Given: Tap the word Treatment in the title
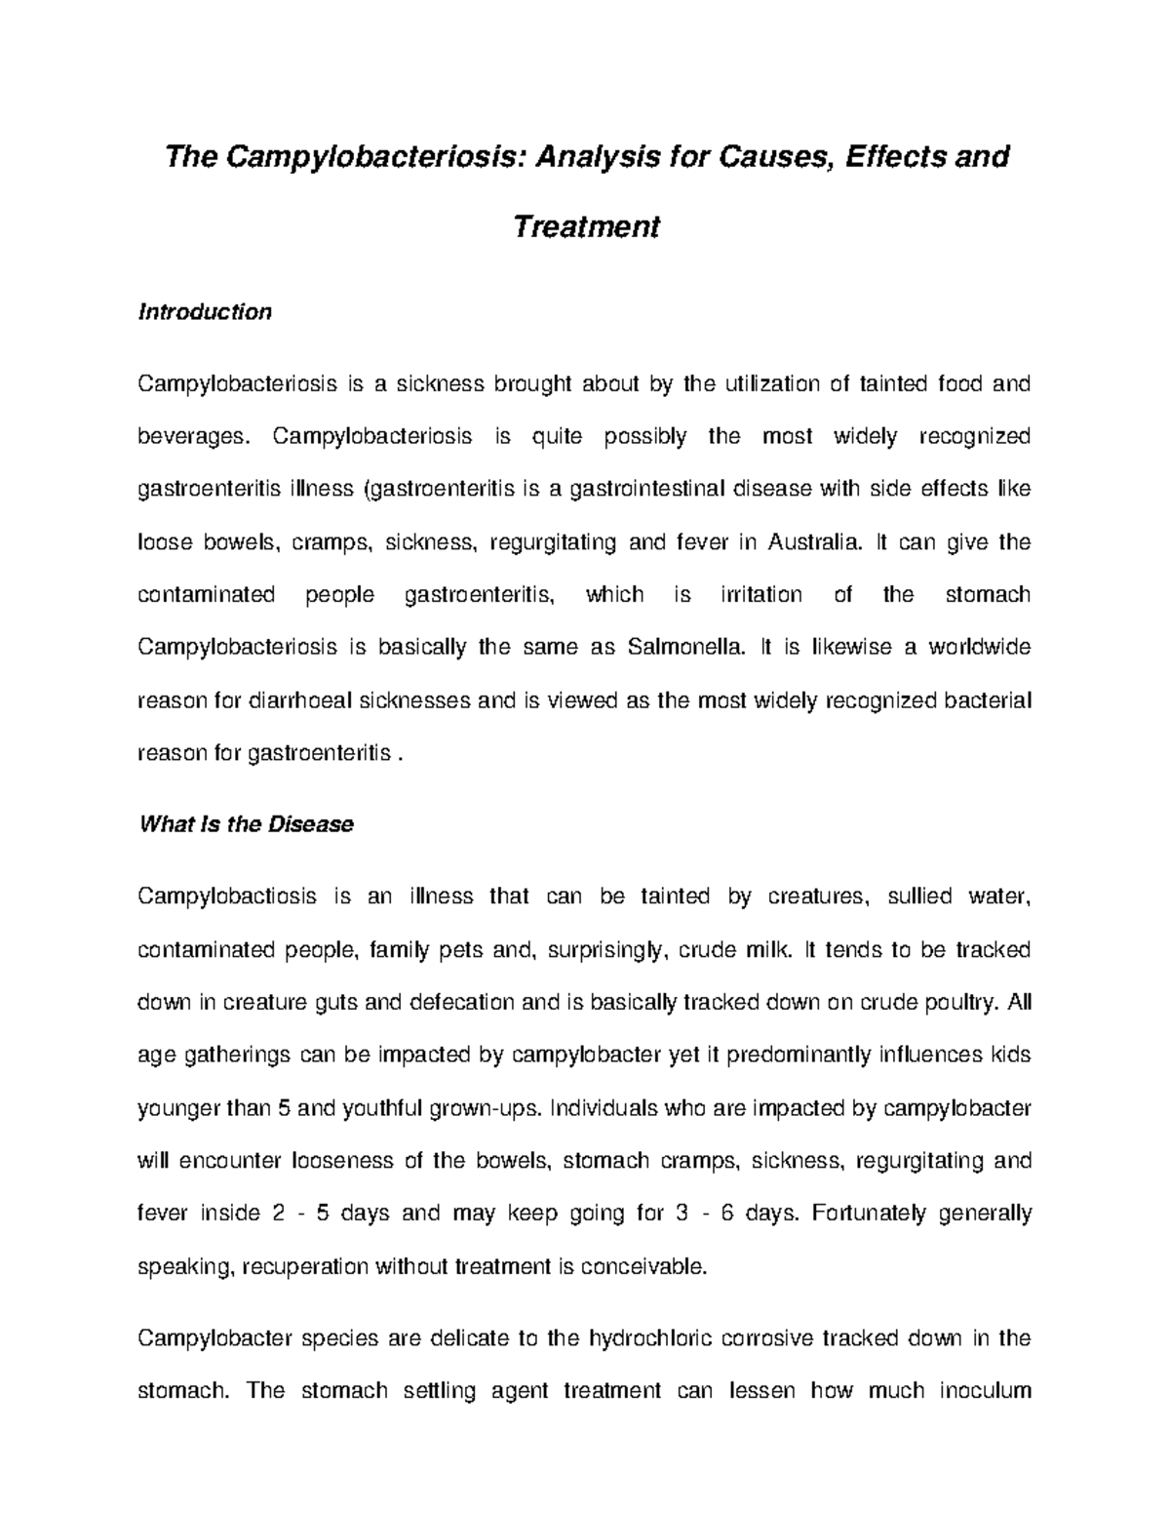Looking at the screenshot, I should click(586, 226).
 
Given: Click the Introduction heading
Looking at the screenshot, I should click(205, 312).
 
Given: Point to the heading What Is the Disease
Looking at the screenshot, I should click(246, 824).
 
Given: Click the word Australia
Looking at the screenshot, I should click(815, 542).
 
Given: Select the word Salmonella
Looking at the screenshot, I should click(682, 648).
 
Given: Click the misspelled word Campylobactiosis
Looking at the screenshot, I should click(227, 897).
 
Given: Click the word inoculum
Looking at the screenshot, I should click(985, 1391).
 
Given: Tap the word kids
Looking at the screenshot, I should click(1010, 1056).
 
